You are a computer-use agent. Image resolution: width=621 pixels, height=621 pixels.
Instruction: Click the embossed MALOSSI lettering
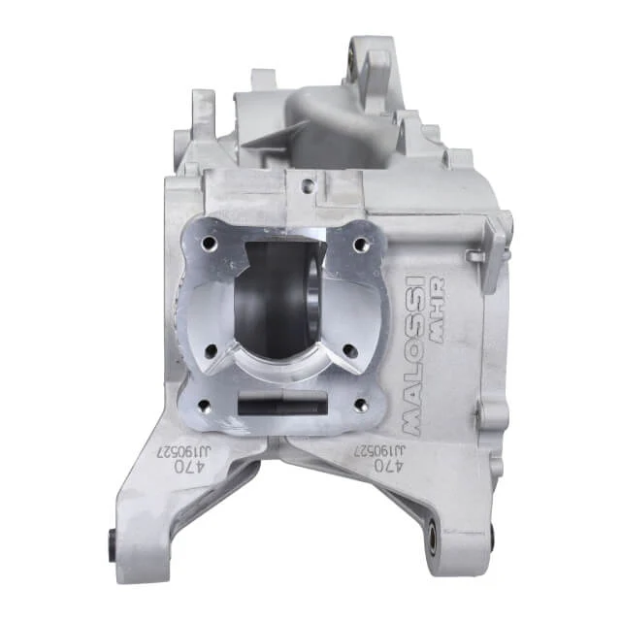[x=414, y=354]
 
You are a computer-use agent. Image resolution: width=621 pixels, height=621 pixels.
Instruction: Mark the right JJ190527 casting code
[x=379, y=450]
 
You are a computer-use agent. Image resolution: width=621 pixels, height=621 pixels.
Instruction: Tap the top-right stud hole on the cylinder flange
[x=360, y=245]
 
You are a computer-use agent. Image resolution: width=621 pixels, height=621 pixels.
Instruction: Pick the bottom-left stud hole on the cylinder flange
[x=205, y=405]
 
